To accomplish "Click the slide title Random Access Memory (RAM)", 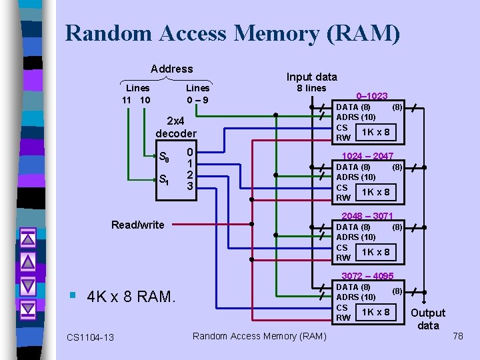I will click(x=233, y=33).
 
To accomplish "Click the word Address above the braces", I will click(x=171, y=69).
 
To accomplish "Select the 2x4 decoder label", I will click(x=176, y=127).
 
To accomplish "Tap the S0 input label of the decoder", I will click(x=163, y=159).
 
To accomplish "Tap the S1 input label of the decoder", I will click(x=163, y=179).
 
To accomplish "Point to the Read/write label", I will click(x=137, y=225).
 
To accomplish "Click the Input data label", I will click(x=311, y=77).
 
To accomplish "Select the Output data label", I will click(x=428, y=319).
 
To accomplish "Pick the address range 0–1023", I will click(x=372, y=96).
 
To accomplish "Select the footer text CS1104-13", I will click(x=90, y=337).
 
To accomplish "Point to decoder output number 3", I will click(x=190, y=188).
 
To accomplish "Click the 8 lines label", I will click(x=311, y=88).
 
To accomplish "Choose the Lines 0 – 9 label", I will click(x=197, y=94).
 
